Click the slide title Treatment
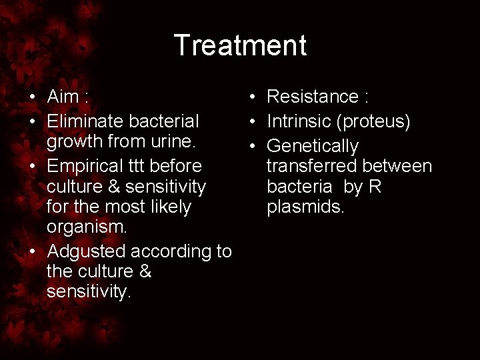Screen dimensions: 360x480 coord(240,45)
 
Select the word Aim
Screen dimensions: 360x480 coord(63,97)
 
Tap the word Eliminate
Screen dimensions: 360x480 coord(85,121)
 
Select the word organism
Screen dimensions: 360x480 coord(85,226)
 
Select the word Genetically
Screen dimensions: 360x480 coord(312,146)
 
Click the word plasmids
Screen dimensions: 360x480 coord(305,207)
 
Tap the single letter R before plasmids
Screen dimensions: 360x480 coord(375,187)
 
